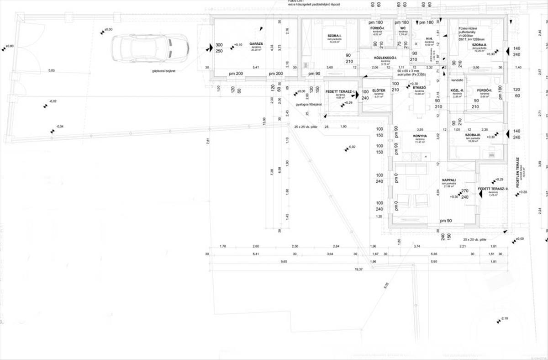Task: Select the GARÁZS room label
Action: click(255, 44)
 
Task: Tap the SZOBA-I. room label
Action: click(335, 36)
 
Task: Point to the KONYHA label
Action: click(420, 136)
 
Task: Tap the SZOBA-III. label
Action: click(473, 135)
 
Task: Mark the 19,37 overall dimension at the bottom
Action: click(358, 270)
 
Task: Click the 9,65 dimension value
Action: click(284, 262)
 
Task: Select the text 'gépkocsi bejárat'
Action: click(164, 71)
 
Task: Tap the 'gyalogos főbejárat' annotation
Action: click(309, 104)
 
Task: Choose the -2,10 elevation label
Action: click(504, 318)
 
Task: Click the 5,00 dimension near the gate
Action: click(51, 70)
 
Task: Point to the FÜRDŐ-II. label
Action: click(484, 90)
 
